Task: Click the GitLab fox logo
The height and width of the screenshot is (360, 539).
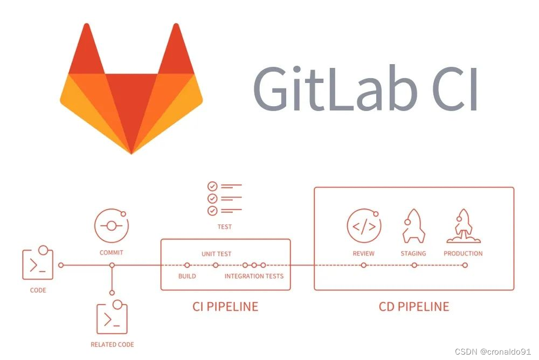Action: [132, 89]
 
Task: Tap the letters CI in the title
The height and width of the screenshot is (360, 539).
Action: [456, 89]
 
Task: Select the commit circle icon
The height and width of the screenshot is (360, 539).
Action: [112, 226]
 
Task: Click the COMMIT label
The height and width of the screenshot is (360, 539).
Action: [112, 252]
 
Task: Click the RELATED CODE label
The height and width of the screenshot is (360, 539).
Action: [112, 344]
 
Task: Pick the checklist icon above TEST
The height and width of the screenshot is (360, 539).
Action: [224, 198]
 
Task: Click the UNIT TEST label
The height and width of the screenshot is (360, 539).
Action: [216, 254]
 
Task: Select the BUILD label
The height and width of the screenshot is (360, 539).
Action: [187, 276]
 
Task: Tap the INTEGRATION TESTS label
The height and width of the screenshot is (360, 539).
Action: [254, 276]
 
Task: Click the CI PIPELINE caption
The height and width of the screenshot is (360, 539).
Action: [225, 307]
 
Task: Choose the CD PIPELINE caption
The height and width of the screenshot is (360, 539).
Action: [414, 307]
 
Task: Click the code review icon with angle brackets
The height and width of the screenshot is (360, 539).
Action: [364, 226]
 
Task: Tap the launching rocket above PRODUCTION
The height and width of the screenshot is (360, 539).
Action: [463, 226]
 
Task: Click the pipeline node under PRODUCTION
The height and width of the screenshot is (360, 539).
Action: [465, 265]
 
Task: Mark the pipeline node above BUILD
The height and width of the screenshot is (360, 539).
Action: [187, 265]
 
